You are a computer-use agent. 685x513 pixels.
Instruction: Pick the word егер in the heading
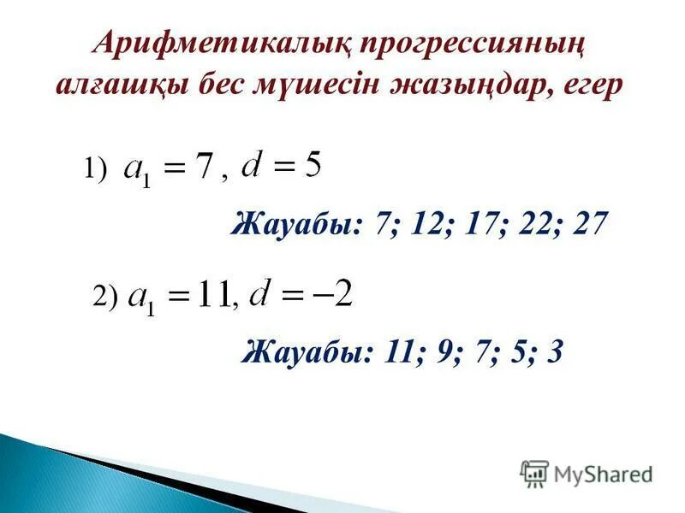pos(595,88)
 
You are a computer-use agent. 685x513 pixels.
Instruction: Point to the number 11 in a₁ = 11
pos(212,296)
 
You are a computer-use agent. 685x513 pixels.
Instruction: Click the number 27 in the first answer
pos(591,225)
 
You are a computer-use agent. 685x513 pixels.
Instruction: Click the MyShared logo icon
pos(534,473)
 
